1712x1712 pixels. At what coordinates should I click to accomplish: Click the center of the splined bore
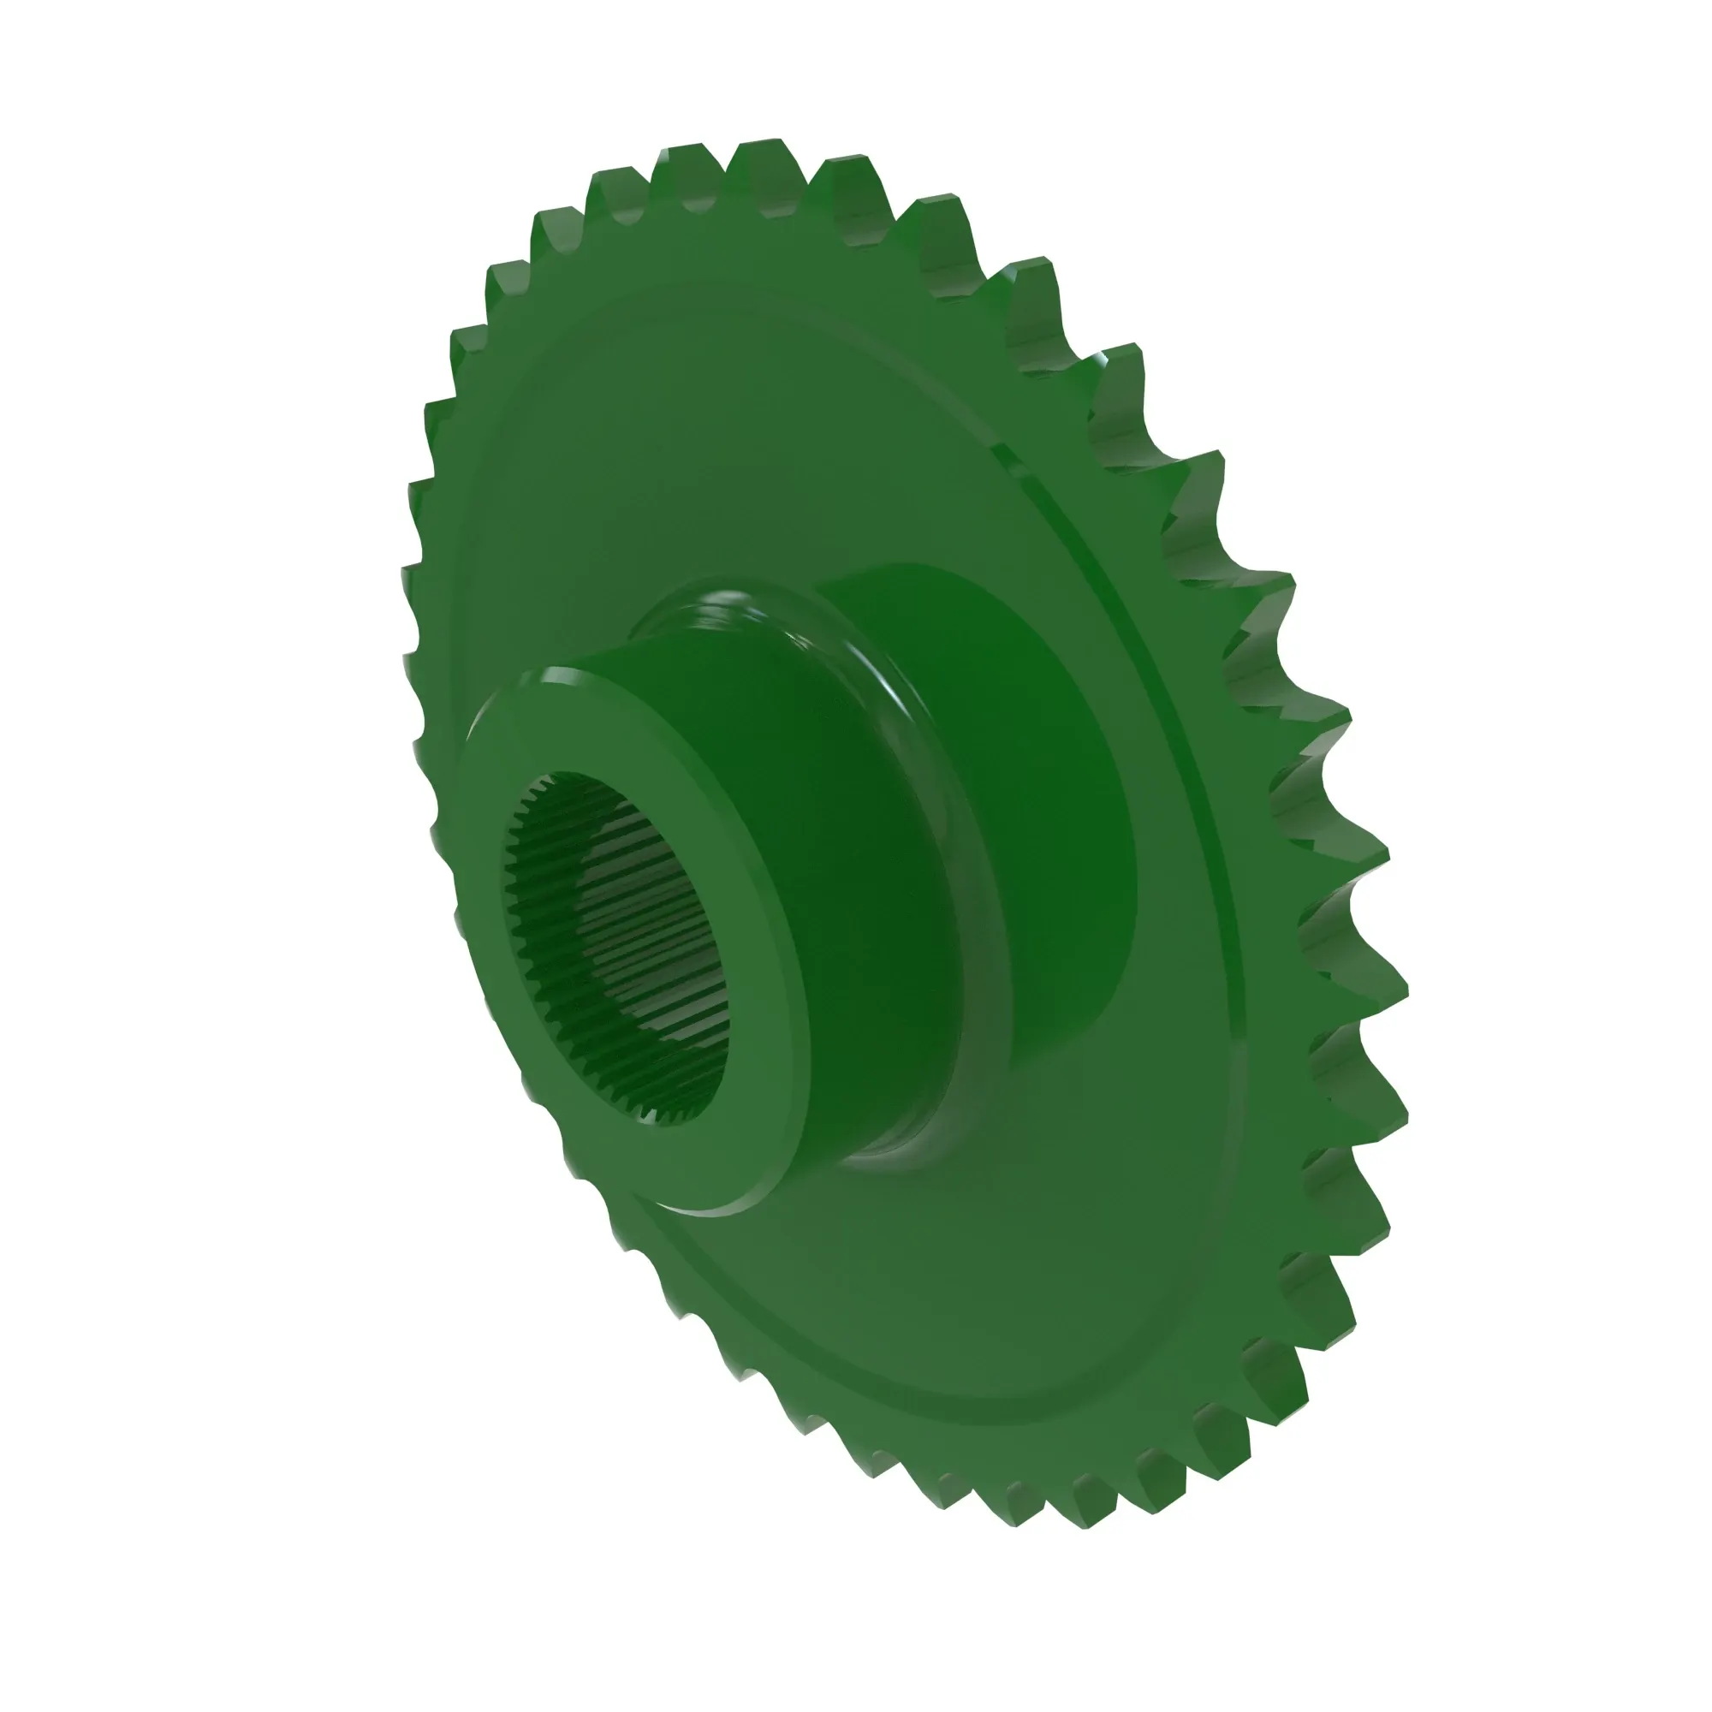click(621, 948)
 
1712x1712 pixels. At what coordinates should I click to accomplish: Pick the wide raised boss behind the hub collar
click(1046, 798)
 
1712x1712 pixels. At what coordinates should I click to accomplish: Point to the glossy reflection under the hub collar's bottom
click(895, 1161)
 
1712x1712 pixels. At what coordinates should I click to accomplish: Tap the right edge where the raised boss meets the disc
click(1134, 886)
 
